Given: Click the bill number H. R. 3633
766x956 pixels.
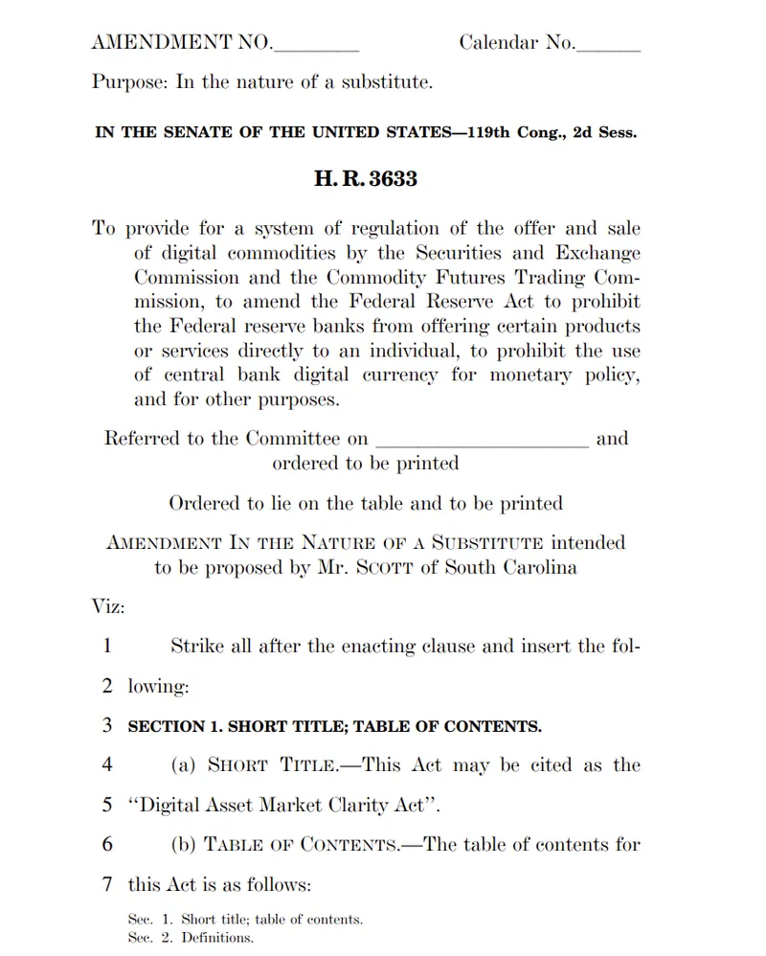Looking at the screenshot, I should click(366, 179).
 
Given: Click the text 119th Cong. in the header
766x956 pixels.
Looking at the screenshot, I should click(517, 132).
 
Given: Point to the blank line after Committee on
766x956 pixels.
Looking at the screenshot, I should click(482, 442).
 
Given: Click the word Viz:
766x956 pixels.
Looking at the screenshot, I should click(109, 606).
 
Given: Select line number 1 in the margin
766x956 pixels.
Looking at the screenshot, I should click(107, 646).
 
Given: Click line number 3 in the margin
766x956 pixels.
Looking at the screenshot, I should click(107, 725).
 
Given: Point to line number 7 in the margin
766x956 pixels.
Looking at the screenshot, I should click(107, 884).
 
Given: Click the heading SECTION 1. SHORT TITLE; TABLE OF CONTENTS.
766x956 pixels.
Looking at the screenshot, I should click(335, 726).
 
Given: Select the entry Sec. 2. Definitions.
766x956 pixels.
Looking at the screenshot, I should click(191, 938).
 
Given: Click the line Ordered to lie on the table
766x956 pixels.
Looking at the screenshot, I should click(366, 503).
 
